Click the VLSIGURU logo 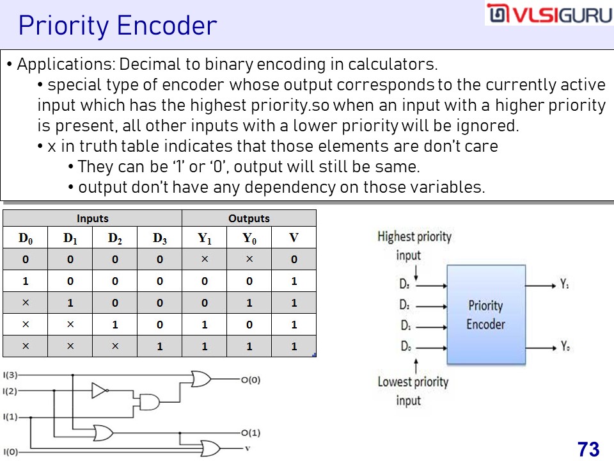549,13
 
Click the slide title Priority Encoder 118,26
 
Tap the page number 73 588,449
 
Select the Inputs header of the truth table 92,218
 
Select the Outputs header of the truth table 249,218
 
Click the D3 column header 160,238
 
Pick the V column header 294,238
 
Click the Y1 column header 205,238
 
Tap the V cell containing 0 294,259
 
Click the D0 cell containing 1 26,281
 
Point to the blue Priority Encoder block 486,315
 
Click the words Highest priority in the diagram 414,236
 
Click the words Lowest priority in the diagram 413,382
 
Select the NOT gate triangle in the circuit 99,391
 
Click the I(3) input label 10,375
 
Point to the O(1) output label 251,433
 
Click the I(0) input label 10,452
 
